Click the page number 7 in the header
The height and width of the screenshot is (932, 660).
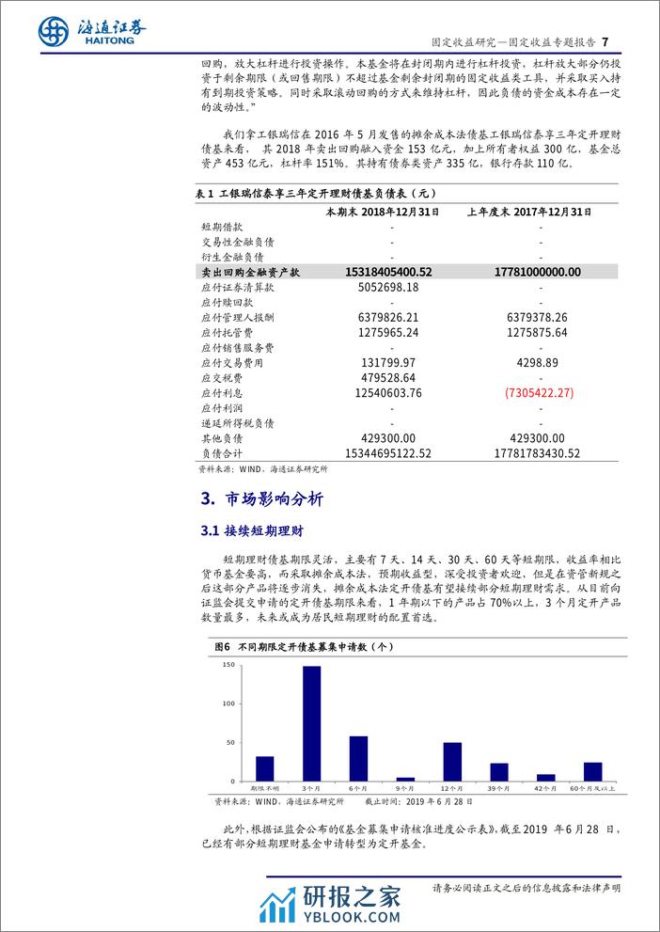605,42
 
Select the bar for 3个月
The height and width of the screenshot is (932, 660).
311,723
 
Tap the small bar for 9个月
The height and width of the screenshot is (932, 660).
405,779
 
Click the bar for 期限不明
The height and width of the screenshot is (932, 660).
265,768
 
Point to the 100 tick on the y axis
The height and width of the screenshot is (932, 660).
228,703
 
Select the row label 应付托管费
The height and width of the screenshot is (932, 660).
227,332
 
